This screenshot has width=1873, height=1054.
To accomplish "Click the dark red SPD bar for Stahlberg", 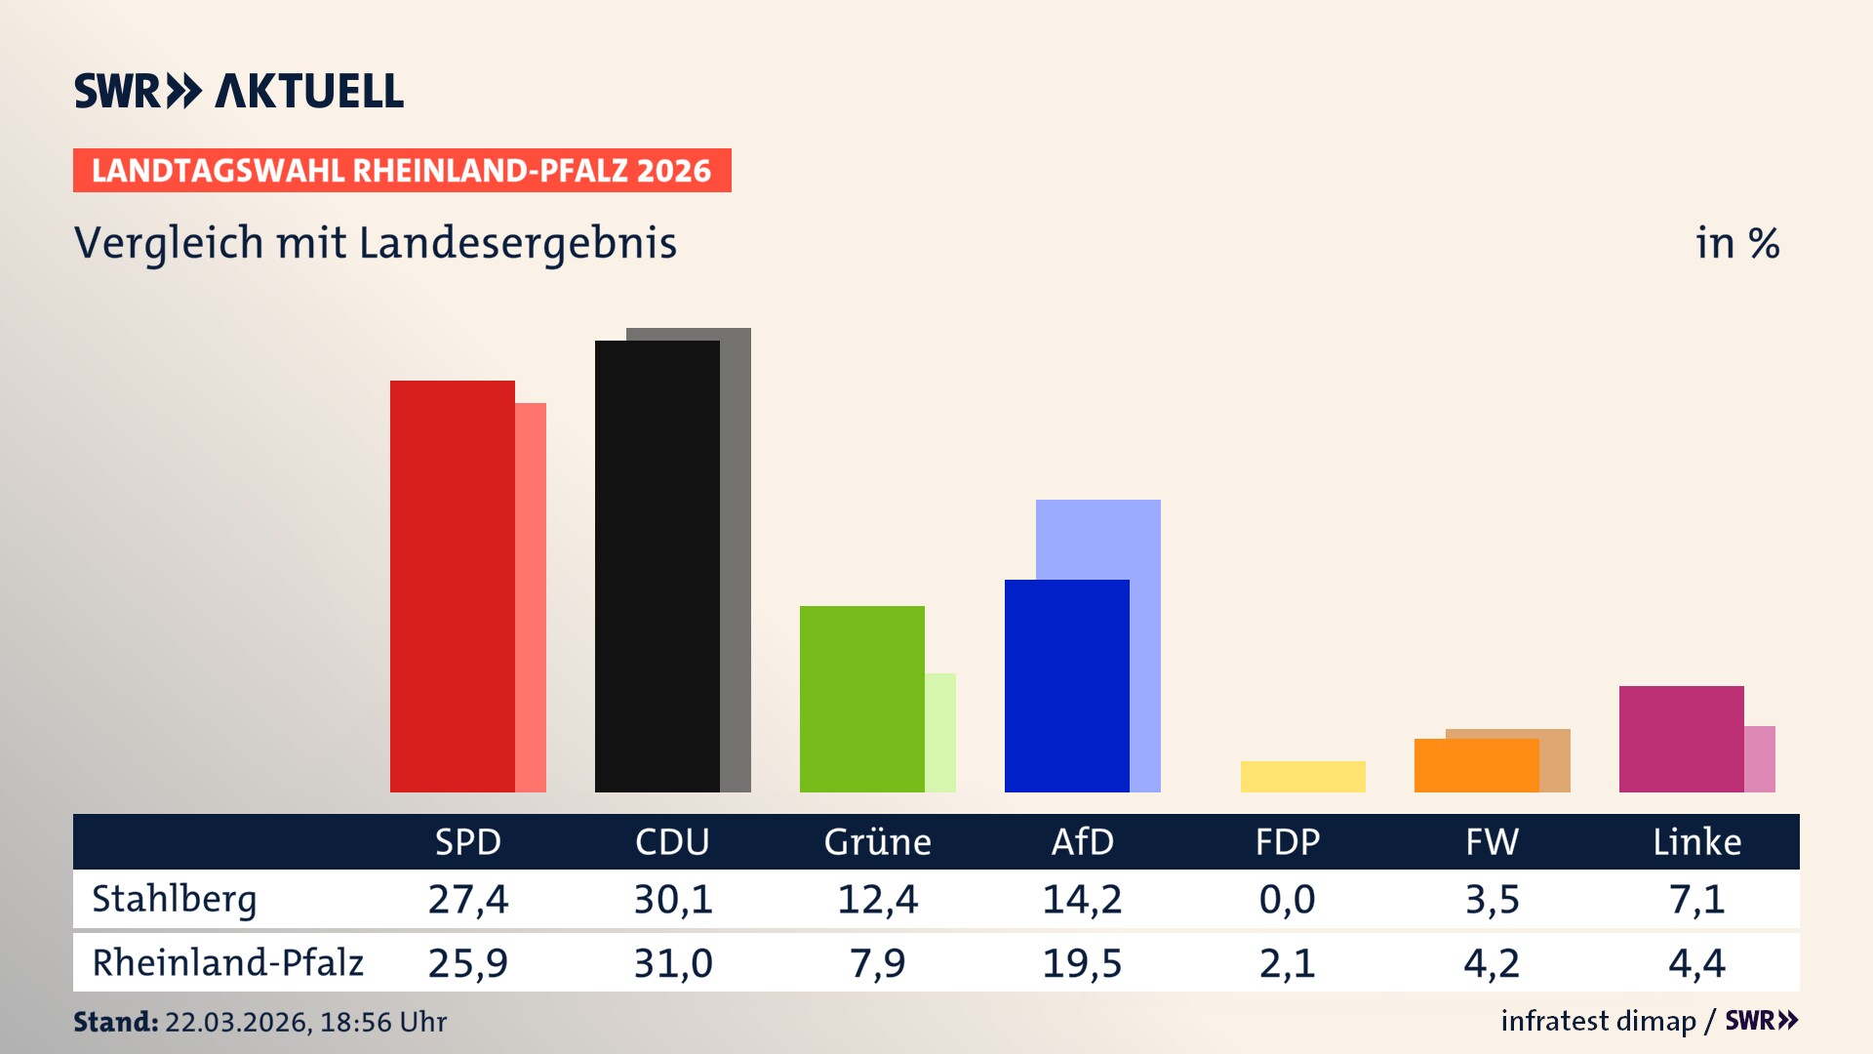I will click(x=452, y=586).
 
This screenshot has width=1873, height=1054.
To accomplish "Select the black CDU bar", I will click(x=657, y=566).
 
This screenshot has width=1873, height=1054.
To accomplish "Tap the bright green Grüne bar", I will click(x=861, y=699).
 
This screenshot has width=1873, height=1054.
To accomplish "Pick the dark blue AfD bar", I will click(x=1066, y=685).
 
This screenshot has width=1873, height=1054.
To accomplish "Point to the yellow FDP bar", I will click(x=1302, y=777).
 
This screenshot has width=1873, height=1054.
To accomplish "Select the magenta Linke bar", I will click(x=1681, y=739).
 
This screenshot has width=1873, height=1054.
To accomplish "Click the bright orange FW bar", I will click(x=1476, y=766).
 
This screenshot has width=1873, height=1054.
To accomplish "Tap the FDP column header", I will click(x=1287, y=842).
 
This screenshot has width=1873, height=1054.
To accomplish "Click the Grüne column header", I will click(x=877, y=842).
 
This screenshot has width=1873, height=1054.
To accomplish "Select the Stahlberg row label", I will click(x=175, y=899).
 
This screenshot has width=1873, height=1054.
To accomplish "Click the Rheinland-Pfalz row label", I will click(x=227, y=963).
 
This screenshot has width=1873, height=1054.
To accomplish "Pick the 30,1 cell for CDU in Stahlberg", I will click(x=673, y=899).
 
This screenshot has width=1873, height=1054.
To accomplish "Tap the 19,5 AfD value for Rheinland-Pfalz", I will click(x=1082, y=963).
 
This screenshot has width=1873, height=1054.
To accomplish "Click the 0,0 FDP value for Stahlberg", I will click(x=1287, y=899).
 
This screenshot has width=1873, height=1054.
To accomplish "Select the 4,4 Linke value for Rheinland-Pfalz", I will click(x=1696, y=963).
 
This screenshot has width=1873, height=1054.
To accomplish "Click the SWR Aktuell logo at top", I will click(x=239, y=91).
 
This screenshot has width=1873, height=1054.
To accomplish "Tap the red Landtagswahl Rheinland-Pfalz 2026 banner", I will click(x=402, y=171).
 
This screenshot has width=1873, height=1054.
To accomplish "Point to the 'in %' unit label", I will click(x=1736, y=243).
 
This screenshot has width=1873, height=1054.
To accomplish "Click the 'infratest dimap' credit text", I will click(x=1598, y=1021).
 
